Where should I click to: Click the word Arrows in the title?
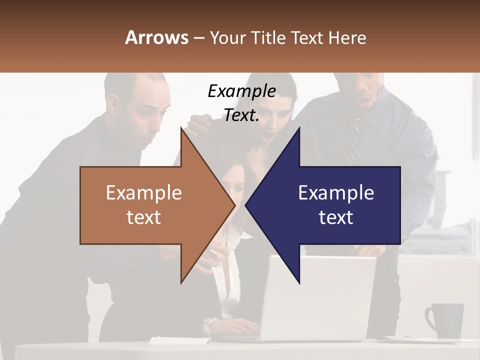[156, 37]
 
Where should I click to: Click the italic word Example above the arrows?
[241, 91]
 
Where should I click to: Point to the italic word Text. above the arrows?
[241, 115]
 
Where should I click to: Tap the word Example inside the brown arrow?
[144, 193]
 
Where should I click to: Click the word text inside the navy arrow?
[336, 217]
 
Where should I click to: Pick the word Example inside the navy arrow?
[336, 193]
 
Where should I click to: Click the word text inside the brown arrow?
[144, 217]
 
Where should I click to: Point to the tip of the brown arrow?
[233, 205]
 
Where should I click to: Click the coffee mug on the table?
[444, 320]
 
